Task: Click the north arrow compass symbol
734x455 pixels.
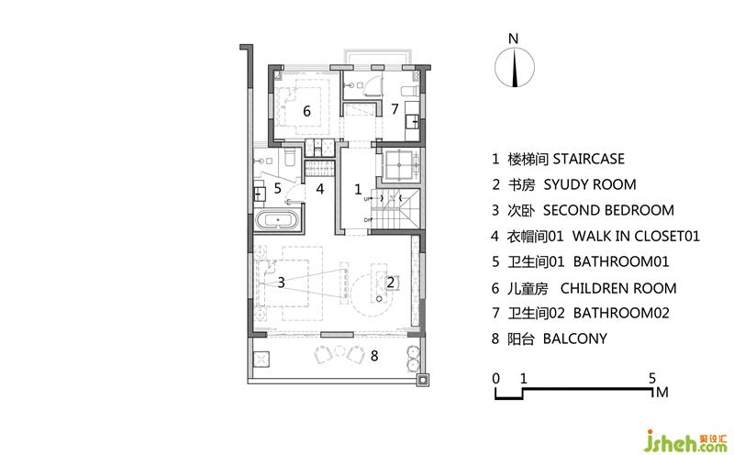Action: [x=515, y=68]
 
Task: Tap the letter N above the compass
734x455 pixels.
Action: [x=514, y=39]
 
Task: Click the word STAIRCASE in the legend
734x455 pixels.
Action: [x=588, y=159]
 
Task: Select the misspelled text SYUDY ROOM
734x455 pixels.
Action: [x=590, y=184]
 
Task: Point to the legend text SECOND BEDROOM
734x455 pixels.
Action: [x=608, y=210]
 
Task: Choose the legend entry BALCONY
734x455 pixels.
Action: [x=575, y=338]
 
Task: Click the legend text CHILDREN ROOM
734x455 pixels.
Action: [x=618, y=288]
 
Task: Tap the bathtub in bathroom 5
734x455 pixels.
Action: [x=278, y=219]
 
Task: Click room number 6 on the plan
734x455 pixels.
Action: [x=306, y=111]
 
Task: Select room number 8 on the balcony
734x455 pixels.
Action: [x=374, y=356]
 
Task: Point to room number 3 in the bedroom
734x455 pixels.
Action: [x=281, y=283]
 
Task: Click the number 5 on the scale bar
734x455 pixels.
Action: [x=652, y=378]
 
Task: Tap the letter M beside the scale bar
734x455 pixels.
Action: [x=662, y=393]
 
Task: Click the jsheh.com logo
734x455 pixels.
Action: [x=686, y=440]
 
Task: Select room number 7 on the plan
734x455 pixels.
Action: [x=395, y=108]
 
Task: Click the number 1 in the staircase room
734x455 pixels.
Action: [x=358, y=189]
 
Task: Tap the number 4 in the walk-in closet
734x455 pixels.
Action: [x=320, y=189]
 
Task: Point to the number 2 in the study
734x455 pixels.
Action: [x=391, y=283]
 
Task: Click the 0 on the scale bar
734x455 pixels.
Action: [x=496, y=378]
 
